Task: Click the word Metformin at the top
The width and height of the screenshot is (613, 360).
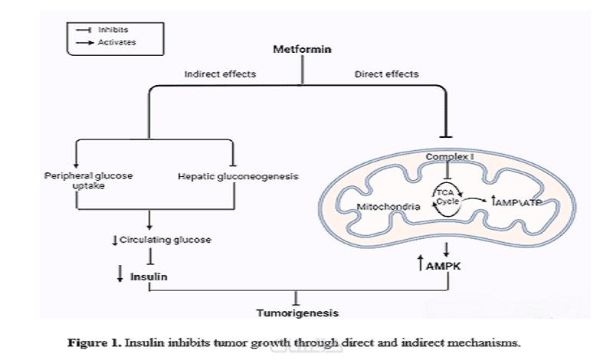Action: pyautogui.click(x=304, y=51)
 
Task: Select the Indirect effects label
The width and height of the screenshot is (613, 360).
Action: pyautogui.click(x=219, y=74)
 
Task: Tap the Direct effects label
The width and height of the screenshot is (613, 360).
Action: pyautogui.click(x=387, y=74)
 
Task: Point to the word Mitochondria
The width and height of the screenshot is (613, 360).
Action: pyautogui.click(x=388, y=208)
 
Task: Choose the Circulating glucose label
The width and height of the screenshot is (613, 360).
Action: pyautogui.click(x=165, y=240)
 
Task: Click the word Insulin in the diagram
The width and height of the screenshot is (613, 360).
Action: pyautogui.click(x=149, y=275)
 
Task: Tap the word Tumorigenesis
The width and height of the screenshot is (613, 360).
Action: pyautogui.click(x=297, y=313)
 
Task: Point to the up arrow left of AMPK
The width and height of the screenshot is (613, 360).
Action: pyautogui.click(x=420, y=265)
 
